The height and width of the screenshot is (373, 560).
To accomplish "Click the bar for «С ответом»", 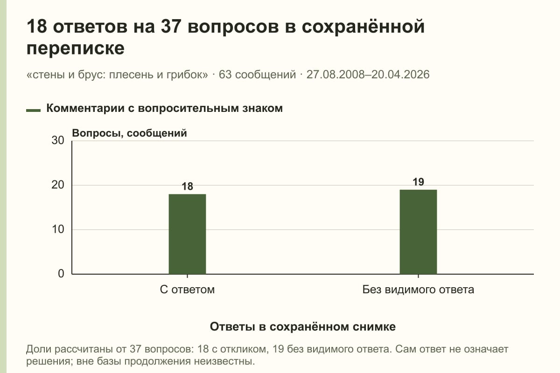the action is click(187, 234).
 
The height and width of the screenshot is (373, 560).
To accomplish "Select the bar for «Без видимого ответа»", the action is click(418, 232).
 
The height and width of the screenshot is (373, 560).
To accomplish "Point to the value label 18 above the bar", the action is click(187, 186).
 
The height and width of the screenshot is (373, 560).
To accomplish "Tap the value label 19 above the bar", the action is click(418, 182).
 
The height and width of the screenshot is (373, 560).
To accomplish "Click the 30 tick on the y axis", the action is click(58, 140).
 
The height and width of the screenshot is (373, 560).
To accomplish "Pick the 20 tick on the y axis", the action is click(58, 185).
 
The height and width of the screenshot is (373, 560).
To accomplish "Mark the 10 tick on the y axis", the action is click(58, 229).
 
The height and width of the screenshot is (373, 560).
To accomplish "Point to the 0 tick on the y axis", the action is click(61, 274).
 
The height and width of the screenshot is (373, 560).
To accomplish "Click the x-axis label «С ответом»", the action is click(187, 290).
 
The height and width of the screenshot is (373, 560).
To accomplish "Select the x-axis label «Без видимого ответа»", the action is click(418, 290).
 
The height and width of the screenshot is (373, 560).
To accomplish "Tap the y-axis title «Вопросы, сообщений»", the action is click(130, 133).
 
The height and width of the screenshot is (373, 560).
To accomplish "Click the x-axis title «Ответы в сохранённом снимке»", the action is click(303, 327).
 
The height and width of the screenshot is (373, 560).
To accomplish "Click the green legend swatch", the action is click(33, 110).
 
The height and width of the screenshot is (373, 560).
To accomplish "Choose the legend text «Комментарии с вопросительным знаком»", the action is click(164, 109).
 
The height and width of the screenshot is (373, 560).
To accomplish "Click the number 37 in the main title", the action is click(171, 26).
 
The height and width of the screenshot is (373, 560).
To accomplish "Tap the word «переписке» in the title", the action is click(75, 48).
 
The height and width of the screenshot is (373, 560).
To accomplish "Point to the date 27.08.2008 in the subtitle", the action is click(337, 75).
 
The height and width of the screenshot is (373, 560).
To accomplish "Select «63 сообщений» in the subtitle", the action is click(257, 75).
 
